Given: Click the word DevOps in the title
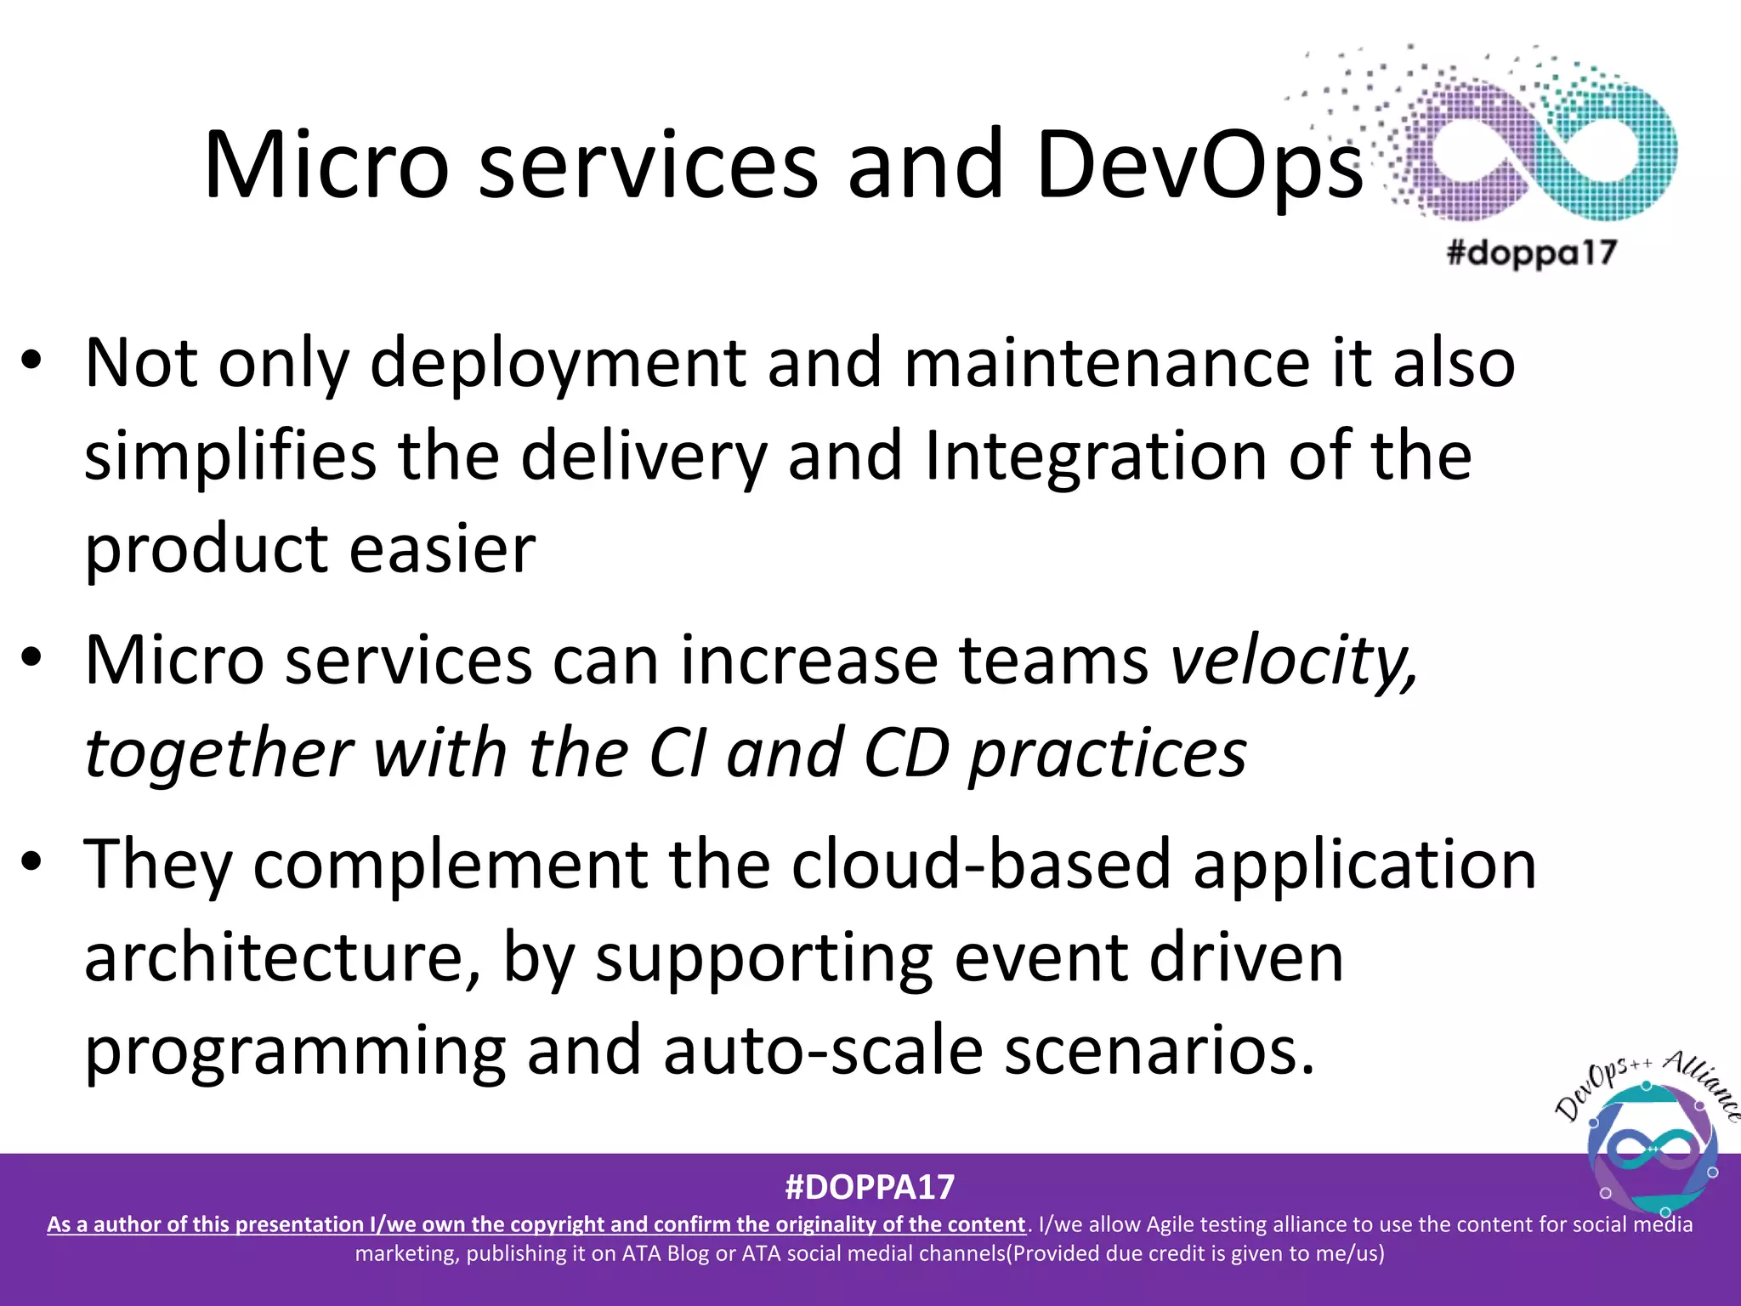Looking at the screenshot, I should (x=1199, y=166).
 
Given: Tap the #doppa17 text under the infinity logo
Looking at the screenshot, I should (x=1531, y=253).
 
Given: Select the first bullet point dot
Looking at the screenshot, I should (x=31, y=362).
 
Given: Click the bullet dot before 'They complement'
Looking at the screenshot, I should (x=31, y=862).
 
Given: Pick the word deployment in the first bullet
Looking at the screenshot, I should (x=558, y=364).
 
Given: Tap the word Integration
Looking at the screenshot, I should (x=1096, y=457).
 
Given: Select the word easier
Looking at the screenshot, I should (x=442, y=549).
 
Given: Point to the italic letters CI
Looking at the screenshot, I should (x=677, y=753).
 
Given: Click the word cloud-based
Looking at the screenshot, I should (x=982, y=864).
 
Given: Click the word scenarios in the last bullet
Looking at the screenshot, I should (x=1160, y=1051).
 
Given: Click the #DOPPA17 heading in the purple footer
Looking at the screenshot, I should (x=870, y=1187).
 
